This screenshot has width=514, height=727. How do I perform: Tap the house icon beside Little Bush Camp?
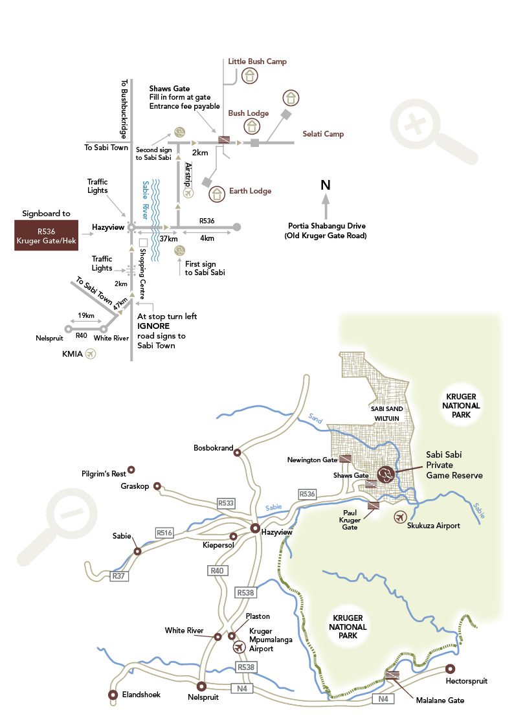tap(249, 76)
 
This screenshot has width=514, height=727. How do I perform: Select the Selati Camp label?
tap(323, 134)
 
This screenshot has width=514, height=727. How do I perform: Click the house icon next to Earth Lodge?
tap(217, 192)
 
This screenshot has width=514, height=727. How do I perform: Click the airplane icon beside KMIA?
tap(90, 353)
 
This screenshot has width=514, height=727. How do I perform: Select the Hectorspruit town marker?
tap(451, 669)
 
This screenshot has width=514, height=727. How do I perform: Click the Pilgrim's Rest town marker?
tap(131, 469)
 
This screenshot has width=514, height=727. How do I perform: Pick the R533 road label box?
tap(226, 502)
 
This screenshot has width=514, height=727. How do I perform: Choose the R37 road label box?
tap(118, 576)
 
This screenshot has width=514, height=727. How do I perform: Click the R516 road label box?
tap(164, 532)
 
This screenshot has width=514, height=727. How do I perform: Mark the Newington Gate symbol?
tap(345, 459)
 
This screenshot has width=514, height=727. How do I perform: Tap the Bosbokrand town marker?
tap(237, 453)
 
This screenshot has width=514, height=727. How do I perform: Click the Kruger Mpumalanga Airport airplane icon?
tap(239, 647)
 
